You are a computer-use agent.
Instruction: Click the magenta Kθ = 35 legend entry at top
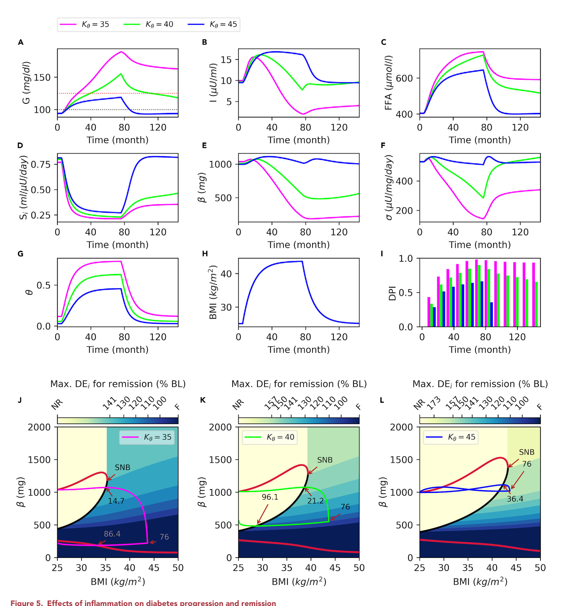coord(85,24)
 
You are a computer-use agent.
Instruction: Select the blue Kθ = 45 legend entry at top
coord(212,24)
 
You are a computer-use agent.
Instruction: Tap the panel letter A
coord(20,42)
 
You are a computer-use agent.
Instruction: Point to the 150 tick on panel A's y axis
coord(42,77)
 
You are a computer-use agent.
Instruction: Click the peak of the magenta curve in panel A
coord(121,52)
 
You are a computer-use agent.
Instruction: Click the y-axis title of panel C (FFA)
coord(388,83)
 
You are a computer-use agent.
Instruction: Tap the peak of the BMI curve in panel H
coord(301,261)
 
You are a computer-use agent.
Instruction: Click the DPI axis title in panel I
coord(392,293)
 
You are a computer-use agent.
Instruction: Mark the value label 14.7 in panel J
coord(116,501)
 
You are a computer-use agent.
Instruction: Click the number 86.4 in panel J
coord(112,534)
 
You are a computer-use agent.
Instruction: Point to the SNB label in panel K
coord(325,460)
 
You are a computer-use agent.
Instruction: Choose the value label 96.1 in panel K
coord(270,497)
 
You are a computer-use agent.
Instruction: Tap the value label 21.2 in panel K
coord(315,501)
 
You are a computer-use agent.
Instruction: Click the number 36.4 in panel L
coord(515,499)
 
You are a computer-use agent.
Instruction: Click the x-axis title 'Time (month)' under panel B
coord(299,140)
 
